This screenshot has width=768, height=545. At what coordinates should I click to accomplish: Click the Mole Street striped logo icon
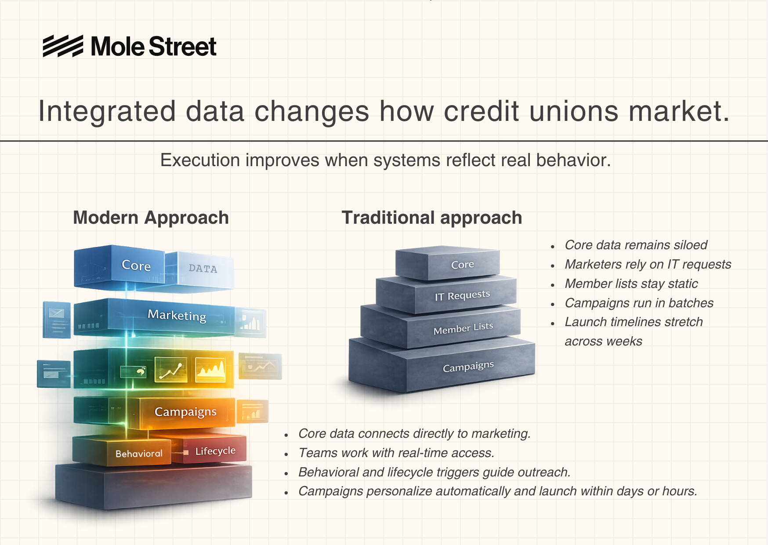click(63, 46)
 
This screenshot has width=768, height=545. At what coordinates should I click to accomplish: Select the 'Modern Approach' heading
click(151, 218)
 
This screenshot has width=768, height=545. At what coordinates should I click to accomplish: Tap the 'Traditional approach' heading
click(432, 218)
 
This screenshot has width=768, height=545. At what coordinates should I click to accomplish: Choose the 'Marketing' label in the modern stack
click(177, 315)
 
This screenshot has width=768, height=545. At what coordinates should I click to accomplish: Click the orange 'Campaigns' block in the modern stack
click(187, 413)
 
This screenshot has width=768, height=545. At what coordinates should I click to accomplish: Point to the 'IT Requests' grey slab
click(446, 294)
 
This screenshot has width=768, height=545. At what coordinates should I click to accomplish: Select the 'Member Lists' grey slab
click(441, 327)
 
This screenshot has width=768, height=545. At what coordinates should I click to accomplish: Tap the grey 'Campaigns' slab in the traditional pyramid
click(442, 365)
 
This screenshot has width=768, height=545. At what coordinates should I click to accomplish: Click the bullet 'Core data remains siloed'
click(636, 245)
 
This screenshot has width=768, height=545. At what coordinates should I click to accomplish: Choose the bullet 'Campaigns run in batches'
click(639, 303)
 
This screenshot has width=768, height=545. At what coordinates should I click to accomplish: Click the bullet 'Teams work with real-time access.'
click(396, 453)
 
